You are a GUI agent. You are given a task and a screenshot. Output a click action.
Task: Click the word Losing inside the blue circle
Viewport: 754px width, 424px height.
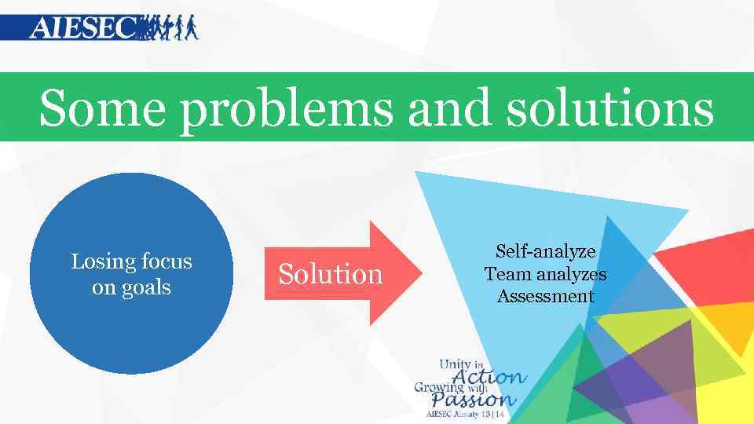[100, 261]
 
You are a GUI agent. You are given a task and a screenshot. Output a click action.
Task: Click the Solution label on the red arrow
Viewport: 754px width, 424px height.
[330, 274]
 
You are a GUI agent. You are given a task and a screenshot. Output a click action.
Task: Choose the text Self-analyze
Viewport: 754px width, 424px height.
[545, 252]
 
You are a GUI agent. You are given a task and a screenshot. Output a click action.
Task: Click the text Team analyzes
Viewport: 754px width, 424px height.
[545, 274]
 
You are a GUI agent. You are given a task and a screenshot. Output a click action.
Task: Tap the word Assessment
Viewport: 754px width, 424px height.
[545, 296]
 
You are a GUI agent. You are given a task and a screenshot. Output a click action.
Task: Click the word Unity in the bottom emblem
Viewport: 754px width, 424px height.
[455, 364]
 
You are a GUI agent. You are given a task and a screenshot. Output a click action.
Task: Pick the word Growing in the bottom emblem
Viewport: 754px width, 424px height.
[440, 387]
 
